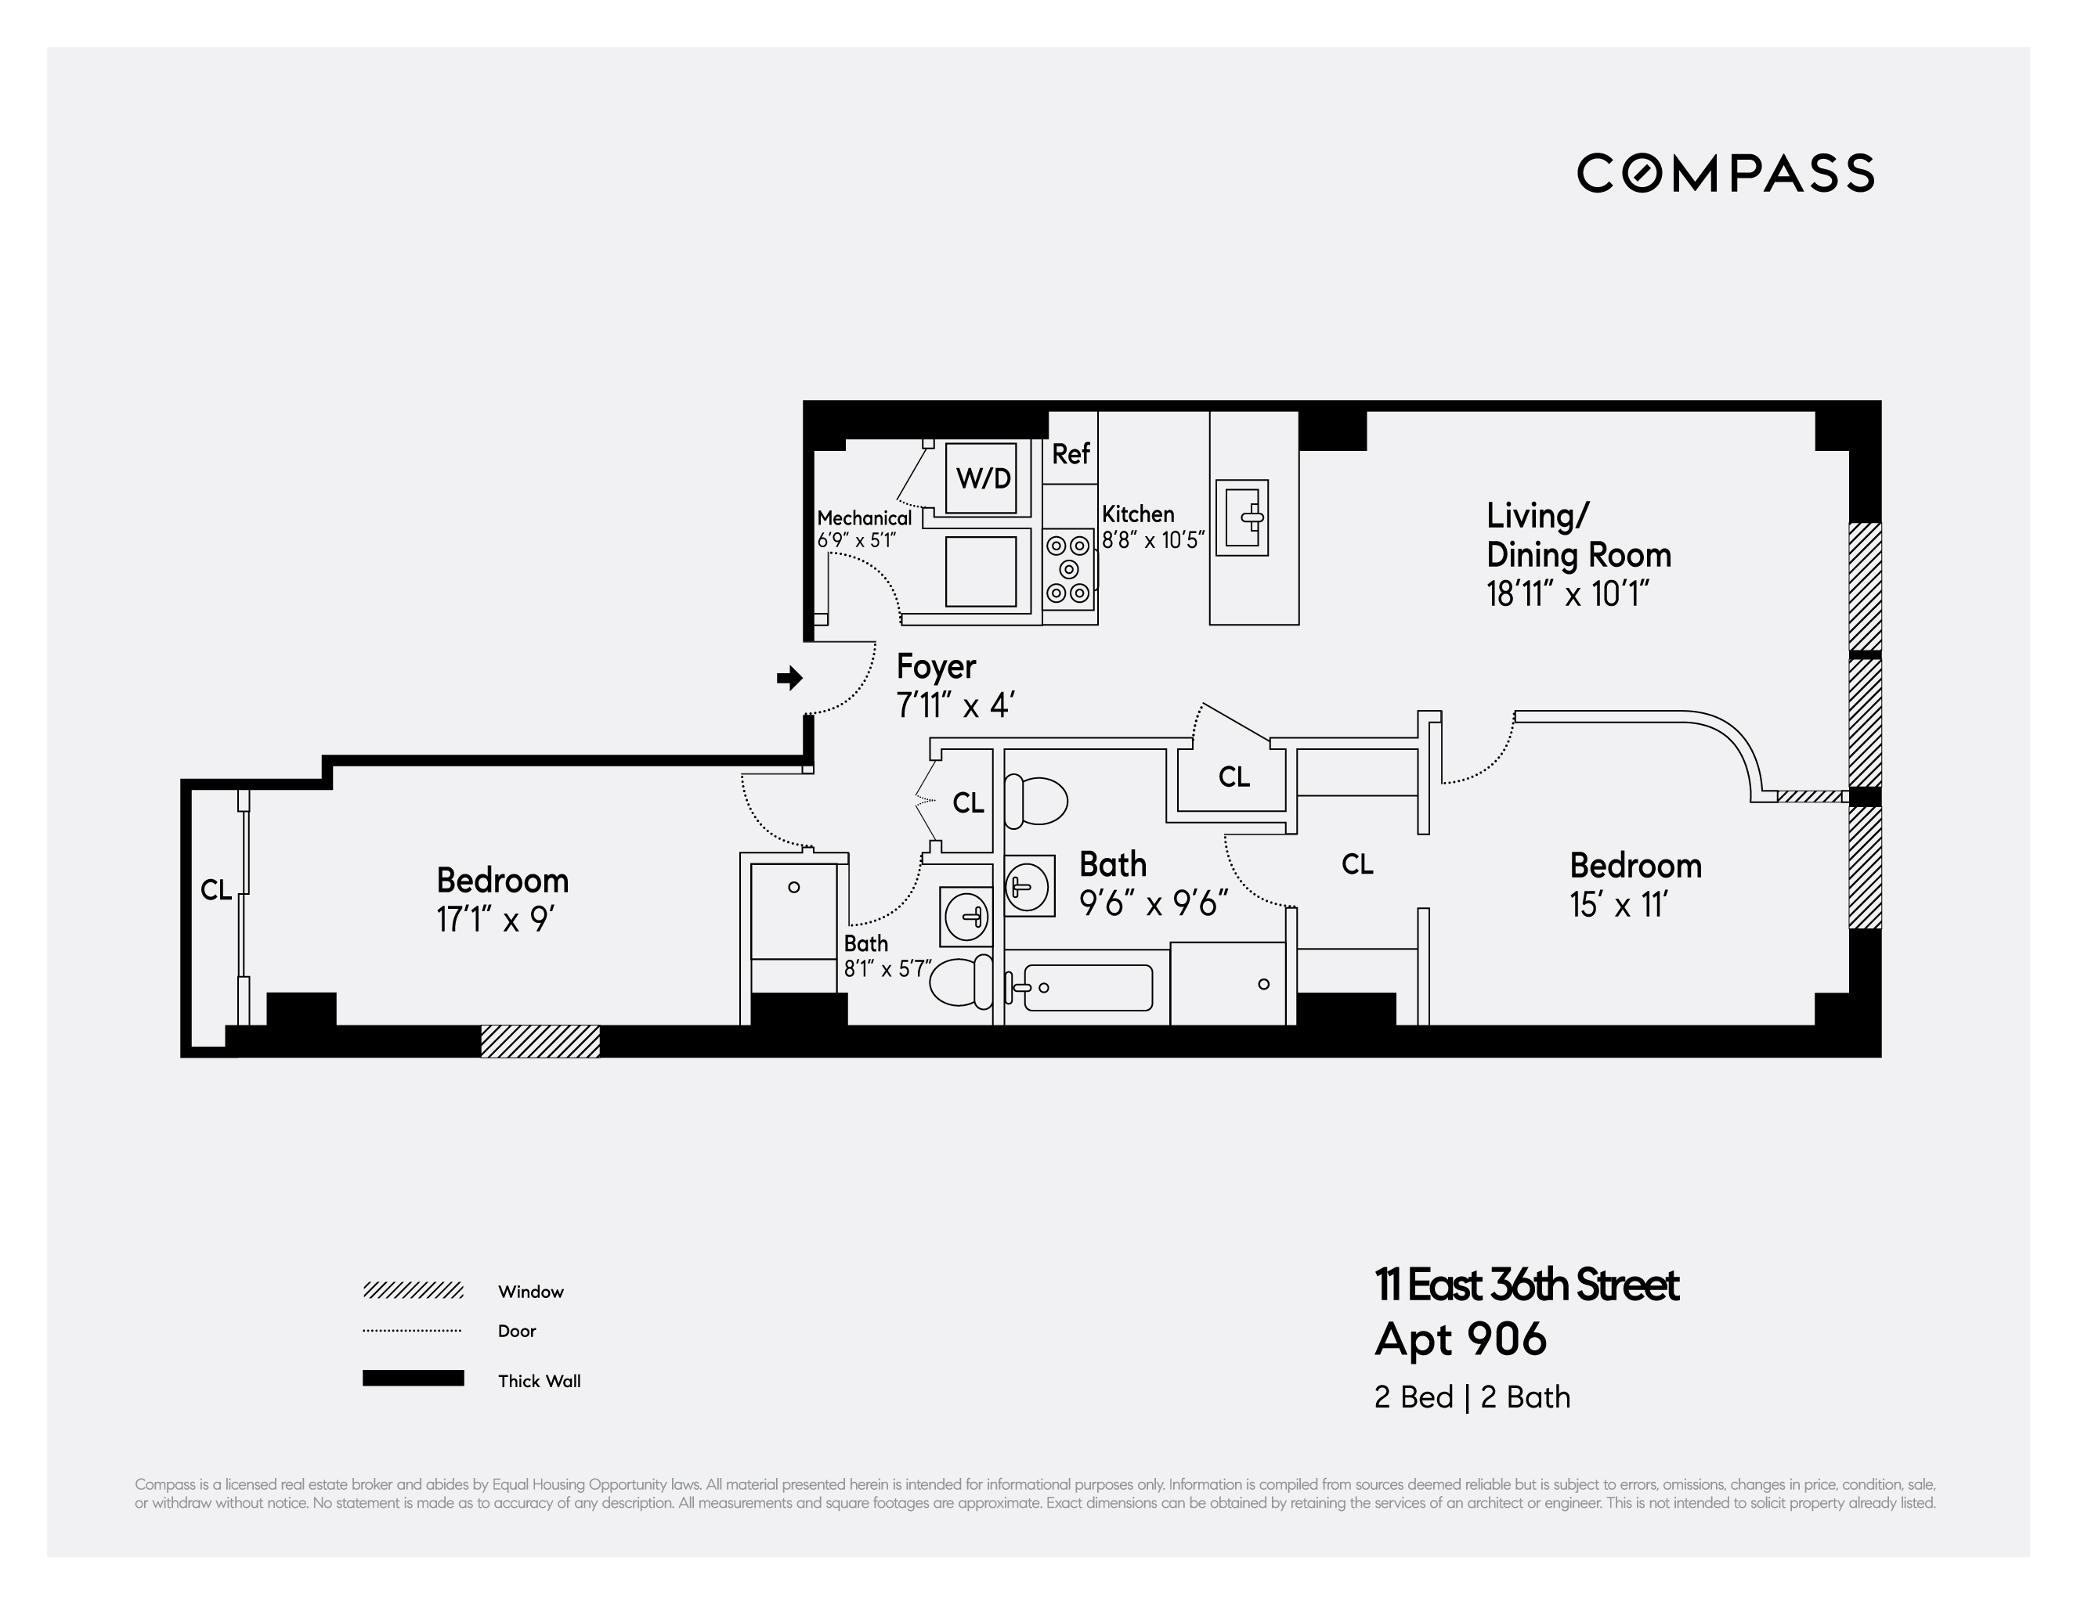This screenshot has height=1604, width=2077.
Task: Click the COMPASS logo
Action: [1725, 173]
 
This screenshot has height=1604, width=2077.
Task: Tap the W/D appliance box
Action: [982, 478]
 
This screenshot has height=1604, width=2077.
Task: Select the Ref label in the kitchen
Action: [1070, 455]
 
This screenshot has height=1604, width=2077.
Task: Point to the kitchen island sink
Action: [1242, 518]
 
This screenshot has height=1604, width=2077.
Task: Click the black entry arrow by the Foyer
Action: [789, 678]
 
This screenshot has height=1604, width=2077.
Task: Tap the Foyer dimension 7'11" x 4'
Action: [955, 705]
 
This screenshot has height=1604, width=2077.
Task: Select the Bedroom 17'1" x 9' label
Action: [502, 899]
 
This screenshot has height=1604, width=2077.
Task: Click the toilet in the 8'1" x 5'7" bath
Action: [960, 982]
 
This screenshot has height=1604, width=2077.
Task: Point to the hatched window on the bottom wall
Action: [540, 1041]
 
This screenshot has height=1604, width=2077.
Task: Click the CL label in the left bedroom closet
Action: [216, 890]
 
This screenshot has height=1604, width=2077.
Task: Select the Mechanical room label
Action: [864, 518]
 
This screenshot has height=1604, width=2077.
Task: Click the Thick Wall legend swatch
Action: [413, 1379]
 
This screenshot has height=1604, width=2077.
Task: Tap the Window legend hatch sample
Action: [413, 1290]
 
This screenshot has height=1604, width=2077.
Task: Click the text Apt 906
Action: [1460, 1339]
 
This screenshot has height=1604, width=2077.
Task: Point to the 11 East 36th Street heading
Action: [1526, 1285]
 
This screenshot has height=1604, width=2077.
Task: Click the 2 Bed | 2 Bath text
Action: [1471, 1397]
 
